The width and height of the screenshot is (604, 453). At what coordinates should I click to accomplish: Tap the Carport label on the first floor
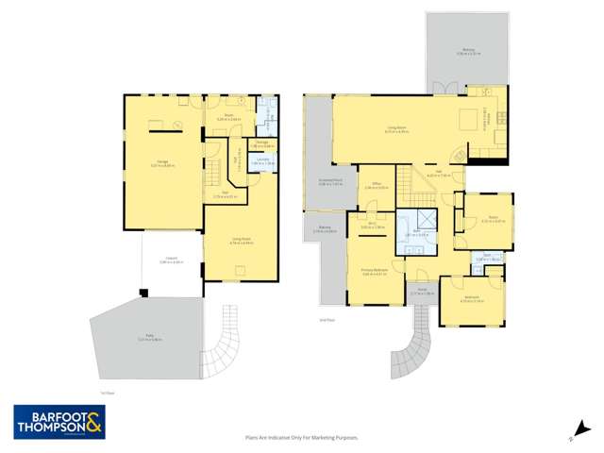point(170,261)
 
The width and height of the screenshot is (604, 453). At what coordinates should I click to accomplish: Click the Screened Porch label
point(330,184)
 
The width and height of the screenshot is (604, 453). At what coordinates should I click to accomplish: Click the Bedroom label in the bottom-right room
point(473,300)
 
